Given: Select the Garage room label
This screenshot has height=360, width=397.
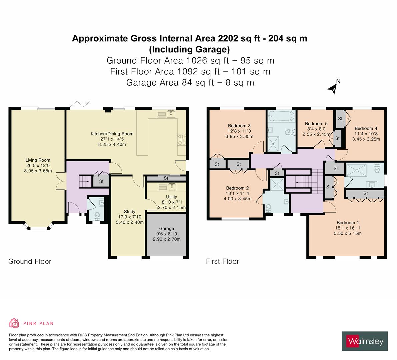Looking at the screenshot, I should [166, 228].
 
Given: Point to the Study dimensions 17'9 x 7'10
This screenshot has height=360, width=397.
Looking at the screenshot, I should [129, 217].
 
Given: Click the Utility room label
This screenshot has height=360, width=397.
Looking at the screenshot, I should [171, 197].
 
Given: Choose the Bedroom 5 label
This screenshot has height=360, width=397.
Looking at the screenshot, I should [314, 123].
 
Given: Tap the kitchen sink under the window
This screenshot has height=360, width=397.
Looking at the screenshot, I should [171, 114].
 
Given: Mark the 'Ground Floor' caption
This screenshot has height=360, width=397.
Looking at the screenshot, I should [30, 261].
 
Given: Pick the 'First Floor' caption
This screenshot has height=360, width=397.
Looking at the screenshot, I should [222, 261].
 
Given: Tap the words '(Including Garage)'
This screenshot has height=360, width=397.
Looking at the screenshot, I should [189, 49].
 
